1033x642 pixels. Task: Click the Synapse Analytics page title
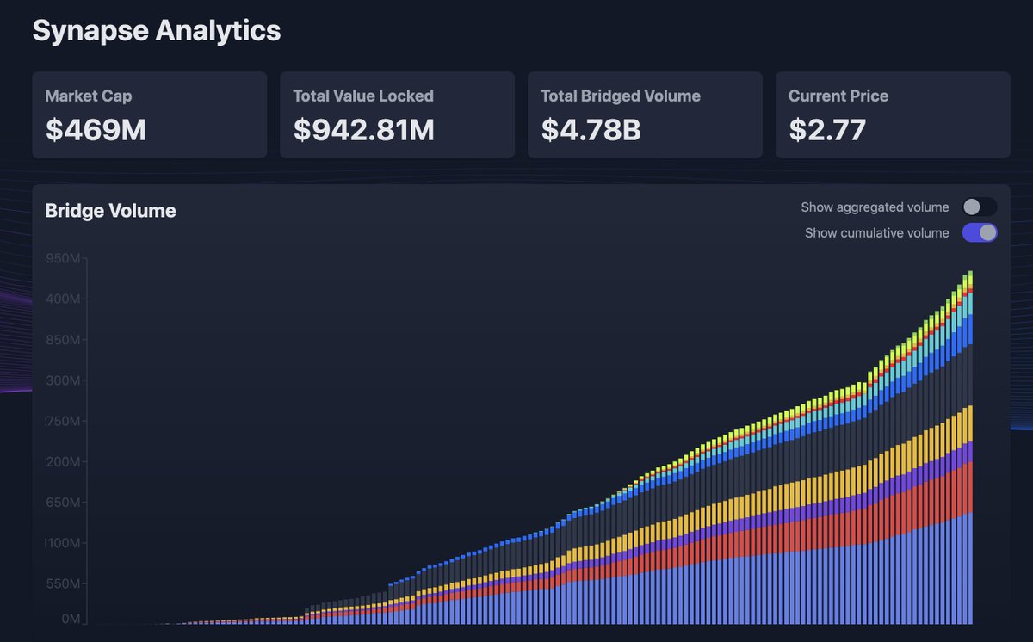(x=157, y=31)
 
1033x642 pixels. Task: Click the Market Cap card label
(x=89, y=96)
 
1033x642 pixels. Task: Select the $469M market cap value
(x=96, y=129)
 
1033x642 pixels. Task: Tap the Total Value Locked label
(x=362, y=96)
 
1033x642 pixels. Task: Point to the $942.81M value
(x=363, y=129)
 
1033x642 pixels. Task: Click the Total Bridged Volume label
(x=620, y=96)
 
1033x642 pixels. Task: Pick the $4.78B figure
(x=591, y=129)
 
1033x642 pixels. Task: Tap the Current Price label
(x=838, y=96)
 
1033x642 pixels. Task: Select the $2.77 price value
(x=826, y=129)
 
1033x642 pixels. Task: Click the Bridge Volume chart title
(x=110, y=211)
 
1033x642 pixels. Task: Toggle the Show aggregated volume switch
(x=980, y=207)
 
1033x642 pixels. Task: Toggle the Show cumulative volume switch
(x=980, y=232)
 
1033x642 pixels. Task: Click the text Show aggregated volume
(x=875, y=207)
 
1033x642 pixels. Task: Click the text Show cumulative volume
(x=876, y=233)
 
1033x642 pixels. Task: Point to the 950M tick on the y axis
(x=65, y=259)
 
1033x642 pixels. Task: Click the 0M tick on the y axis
(x=71, y=619)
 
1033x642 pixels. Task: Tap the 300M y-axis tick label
(x=65, y=381)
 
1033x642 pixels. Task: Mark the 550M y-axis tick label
(x=65, y=584)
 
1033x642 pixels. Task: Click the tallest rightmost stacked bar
(x=970, y=448)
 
